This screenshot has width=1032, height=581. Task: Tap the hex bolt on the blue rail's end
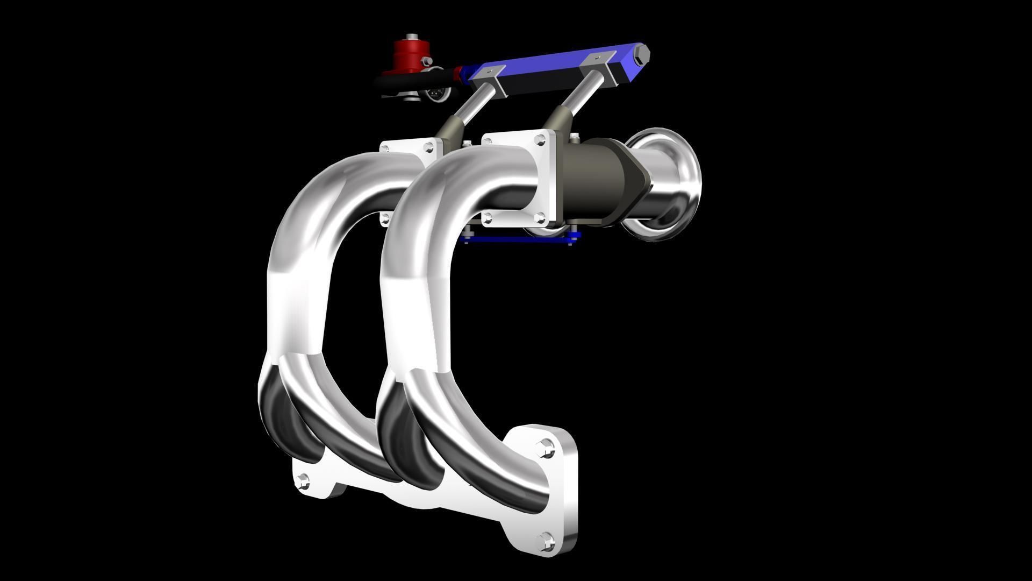(642, 54)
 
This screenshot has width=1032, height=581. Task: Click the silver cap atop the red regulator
(412, 37)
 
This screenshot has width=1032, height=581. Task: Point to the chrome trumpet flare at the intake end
(672, 183)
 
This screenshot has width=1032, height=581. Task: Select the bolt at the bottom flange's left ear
(303, 480)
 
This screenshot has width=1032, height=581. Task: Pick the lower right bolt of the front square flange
(540, 217)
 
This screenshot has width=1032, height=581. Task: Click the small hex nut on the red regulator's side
(428, 60)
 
